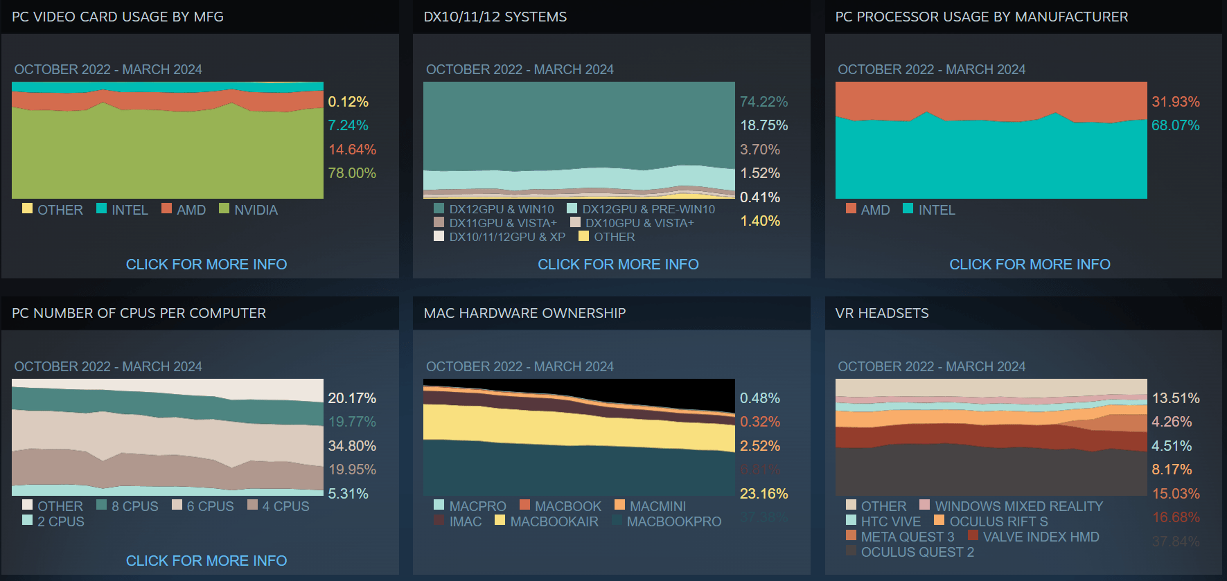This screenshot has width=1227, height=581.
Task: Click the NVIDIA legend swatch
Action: tap(224, 208)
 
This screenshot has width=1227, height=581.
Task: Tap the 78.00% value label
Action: tap(352, 173)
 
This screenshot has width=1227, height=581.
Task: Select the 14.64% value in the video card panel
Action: tap(352, 150)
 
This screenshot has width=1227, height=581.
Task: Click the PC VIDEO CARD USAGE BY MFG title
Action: tap(118, 17)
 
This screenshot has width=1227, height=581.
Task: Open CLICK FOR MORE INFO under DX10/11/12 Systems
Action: tap(618, 265)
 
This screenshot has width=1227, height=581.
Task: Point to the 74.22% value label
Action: tap(763, 102)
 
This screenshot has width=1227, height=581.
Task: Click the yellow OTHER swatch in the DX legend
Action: tap(584, 236)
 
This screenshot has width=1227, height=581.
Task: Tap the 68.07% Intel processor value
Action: tap(1175, 125)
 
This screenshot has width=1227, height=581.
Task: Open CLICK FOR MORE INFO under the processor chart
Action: tap(1030, 265)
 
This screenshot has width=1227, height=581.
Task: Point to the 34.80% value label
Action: tap(352, 446)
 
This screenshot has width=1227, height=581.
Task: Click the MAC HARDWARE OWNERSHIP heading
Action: tap(524, 313)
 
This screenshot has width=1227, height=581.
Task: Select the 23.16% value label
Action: tap(763, 494)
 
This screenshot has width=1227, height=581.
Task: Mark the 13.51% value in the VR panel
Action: tap(1175, 398)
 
